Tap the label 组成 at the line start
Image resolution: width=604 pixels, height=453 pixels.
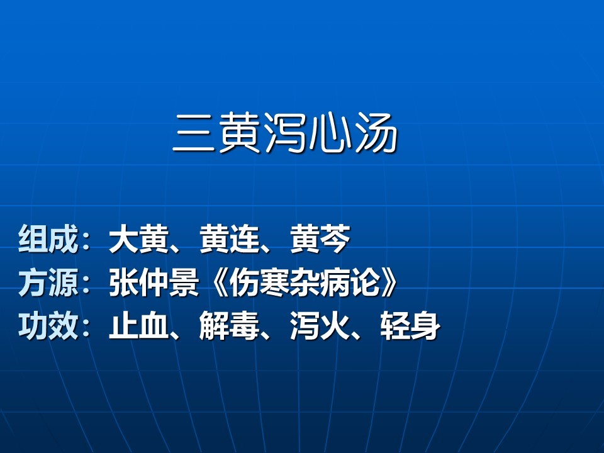point(48,239)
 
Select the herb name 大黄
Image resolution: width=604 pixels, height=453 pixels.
point(139,239)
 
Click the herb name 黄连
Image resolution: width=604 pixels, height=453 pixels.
point(230,239)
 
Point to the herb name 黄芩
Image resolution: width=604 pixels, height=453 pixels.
point(320,239)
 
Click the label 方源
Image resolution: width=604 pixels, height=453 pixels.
point(48,282)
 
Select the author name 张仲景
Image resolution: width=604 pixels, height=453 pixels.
point(154,282)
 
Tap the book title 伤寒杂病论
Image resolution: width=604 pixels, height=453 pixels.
point(305,282)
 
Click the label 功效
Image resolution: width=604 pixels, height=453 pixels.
point(48,326)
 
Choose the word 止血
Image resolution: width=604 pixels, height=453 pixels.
point(139,326)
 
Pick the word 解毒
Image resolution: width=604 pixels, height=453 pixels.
point(230,326)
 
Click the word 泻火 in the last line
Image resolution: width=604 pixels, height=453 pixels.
point(320,326)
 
